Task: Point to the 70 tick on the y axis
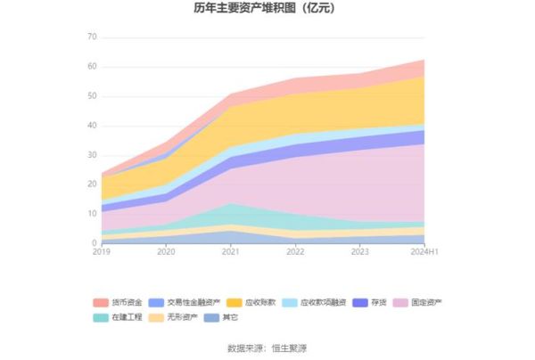92,37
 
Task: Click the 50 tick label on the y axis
92,96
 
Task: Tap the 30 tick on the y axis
92,155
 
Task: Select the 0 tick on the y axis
94,243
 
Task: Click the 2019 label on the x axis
102,253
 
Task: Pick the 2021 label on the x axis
230,253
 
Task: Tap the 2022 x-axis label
295,253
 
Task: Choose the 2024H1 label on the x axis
424,253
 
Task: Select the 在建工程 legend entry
123,317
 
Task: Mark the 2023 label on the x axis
359,253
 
